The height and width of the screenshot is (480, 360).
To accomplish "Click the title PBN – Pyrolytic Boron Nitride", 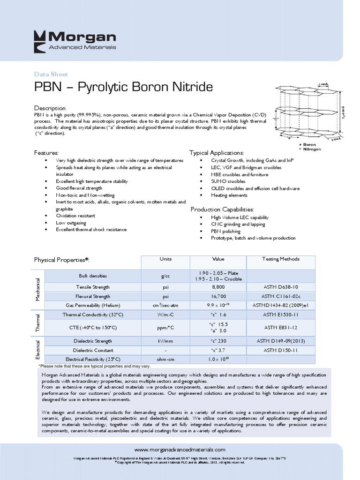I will [123, 88].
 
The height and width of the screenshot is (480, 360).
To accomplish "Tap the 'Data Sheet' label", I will [51, 74].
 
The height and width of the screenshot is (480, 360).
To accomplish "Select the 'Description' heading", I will [50, 108].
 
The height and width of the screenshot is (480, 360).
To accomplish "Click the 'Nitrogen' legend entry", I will [312, 150].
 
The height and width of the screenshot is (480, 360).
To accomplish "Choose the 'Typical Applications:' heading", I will [217, 153].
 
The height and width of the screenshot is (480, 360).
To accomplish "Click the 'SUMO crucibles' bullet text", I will [228, 181].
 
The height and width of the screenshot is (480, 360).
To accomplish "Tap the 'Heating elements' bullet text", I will [229, 195].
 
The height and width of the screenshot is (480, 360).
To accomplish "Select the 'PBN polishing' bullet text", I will [225, 231].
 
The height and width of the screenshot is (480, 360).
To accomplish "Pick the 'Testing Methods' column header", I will [281, 259].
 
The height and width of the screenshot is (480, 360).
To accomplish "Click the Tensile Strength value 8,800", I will [218, 287].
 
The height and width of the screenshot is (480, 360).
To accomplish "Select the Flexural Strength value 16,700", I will [218, 296].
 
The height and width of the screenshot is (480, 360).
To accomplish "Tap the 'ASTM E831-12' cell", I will [281, 327].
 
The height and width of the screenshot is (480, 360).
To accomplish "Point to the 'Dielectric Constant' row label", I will [92, 350].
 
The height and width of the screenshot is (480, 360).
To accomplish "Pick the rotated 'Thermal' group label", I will [38, 322].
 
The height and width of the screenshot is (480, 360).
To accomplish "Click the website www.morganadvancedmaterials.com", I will [180, 449].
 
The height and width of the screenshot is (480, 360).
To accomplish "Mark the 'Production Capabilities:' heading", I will [222, 209].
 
